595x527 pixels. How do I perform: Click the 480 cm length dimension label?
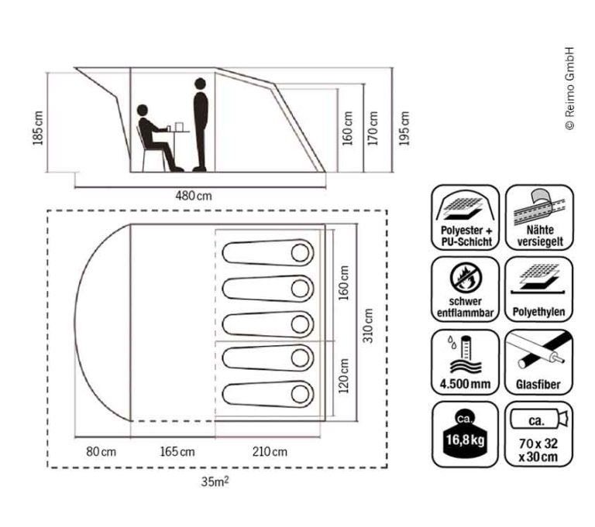(x=194, y=195)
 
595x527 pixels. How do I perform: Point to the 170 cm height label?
(x=375, y=126)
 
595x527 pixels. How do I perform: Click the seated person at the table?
(x=153, y=139)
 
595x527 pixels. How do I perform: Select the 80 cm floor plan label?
(x=98, y=451)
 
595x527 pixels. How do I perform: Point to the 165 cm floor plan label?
(x=177, y=451)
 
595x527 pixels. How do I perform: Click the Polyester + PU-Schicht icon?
(x=466, y=217)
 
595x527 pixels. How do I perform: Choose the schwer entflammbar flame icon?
(x=466, y=289)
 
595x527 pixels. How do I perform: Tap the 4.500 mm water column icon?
(x=466, y=361)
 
